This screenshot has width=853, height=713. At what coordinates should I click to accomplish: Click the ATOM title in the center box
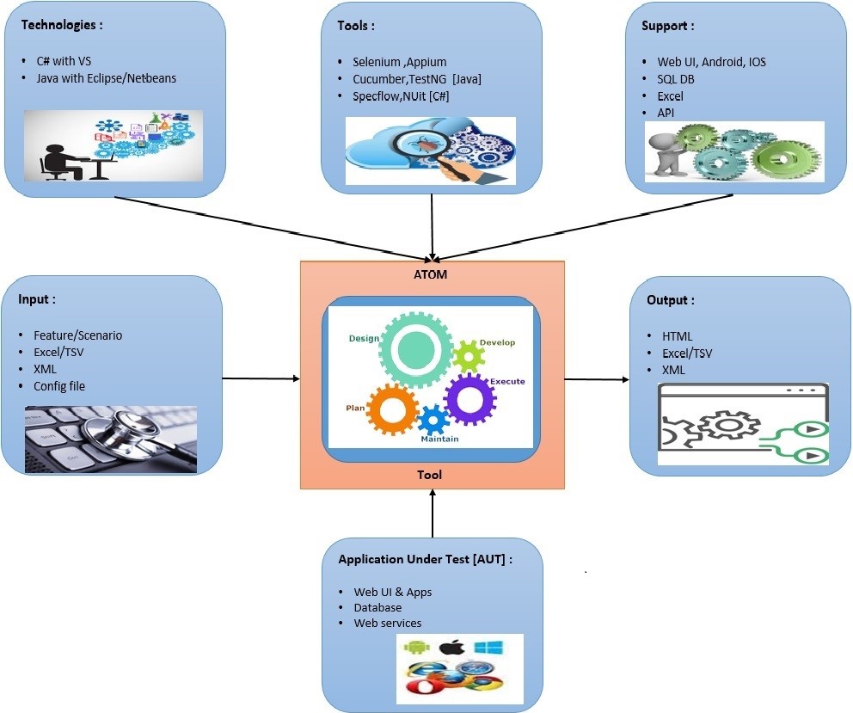point(432,275)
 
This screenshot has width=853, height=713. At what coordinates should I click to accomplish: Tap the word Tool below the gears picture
point(430,475)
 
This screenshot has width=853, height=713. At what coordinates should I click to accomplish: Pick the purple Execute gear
point(470,400)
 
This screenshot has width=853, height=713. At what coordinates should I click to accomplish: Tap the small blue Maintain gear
point(434,420)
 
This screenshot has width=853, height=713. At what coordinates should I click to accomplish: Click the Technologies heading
point(62,25)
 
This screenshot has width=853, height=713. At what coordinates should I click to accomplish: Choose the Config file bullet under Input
point(59,386)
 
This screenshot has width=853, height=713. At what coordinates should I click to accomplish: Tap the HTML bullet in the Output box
point(677,336)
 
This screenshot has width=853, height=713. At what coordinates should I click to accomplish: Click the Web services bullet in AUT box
point(387,623)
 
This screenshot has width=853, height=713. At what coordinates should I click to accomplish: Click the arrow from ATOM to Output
point(597,379)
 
